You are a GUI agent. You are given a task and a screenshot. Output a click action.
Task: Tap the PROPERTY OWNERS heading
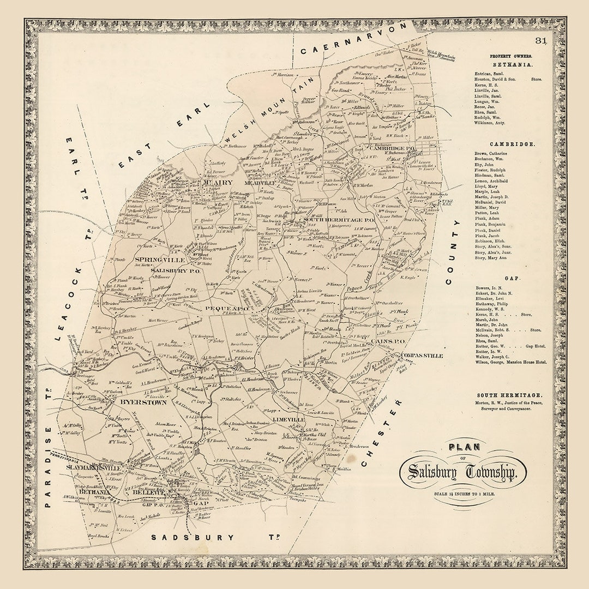pyautogui.click(x=511, y=56)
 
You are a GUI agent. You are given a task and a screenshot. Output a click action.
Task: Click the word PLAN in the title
pyautogui.click(x=464, y=447)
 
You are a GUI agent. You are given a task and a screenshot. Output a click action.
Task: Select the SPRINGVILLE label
pyautogui.click(x=155, y=260)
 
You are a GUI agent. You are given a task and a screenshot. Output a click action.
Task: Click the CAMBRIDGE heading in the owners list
pyautogui.click(x=504, y=144)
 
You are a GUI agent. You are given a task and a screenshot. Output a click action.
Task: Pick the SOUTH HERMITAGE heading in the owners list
pyautogui.click(x=509, y=395)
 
